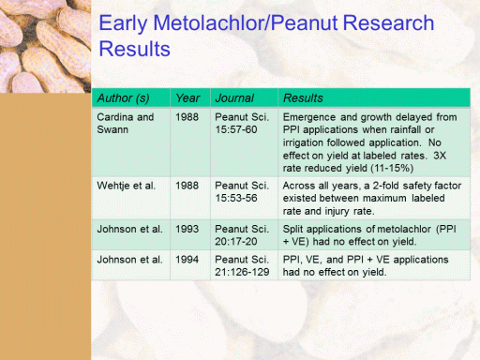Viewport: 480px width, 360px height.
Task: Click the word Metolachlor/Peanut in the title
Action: pos(246,23)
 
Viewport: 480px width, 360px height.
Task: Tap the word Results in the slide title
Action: pos(135,49)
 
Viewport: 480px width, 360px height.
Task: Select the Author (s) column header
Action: pos(123,98)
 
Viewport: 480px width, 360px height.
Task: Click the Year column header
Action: pos(187,98)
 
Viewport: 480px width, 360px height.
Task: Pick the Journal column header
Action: pos(234,98)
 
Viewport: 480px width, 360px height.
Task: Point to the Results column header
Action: pos(303,98)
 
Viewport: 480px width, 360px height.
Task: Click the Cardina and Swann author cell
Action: pos(126,123)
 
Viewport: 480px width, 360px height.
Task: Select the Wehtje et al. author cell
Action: pos(127,186)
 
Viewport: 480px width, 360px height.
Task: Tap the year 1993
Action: pos(187,229)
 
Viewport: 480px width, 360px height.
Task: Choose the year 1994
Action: pos(187,260)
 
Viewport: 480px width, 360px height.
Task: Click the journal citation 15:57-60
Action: pos(236,129)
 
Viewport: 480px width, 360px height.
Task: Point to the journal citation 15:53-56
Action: pos(236,198)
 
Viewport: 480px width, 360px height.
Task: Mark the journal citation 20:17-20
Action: pos(236,241)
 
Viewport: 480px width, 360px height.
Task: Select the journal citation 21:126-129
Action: pos(242,272)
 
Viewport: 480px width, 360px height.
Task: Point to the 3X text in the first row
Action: pos(440,156)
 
